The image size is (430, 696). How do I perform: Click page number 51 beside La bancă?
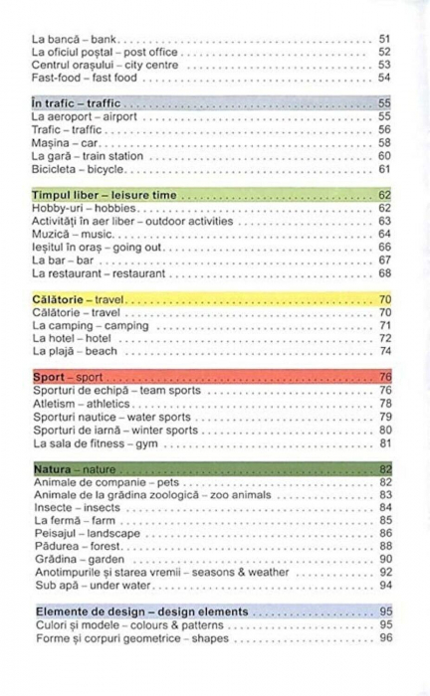384,39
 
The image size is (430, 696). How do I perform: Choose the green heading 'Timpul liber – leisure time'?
104,195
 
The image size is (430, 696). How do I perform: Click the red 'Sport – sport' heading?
68,377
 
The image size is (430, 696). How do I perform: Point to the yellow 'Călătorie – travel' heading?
79,299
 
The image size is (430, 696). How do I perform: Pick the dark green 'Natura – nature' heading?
74,469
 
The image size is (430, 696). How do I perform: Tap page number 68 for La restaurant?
384,273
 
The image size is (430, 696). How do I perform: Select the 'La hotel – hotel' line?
71,338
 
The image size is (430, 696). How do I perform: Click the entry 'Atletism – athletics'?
81,404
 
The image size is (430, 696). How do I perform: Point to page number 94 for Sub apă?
384,586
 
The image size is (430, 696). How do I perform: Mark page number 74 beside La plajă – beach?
384,351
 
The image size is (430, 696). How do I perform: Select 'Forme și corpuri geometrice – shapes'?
128,637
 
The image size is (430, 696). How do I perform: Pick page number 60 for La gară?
384,156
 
